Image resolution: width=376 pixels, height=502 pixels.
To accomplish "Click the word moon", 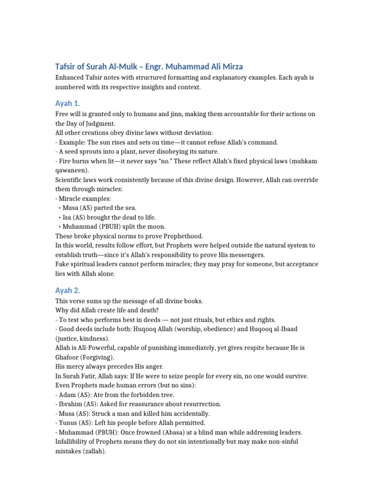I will coord(156,226).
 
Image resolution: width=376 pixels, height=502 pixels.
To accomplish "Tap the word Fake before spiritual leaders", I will coord(63,264).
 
